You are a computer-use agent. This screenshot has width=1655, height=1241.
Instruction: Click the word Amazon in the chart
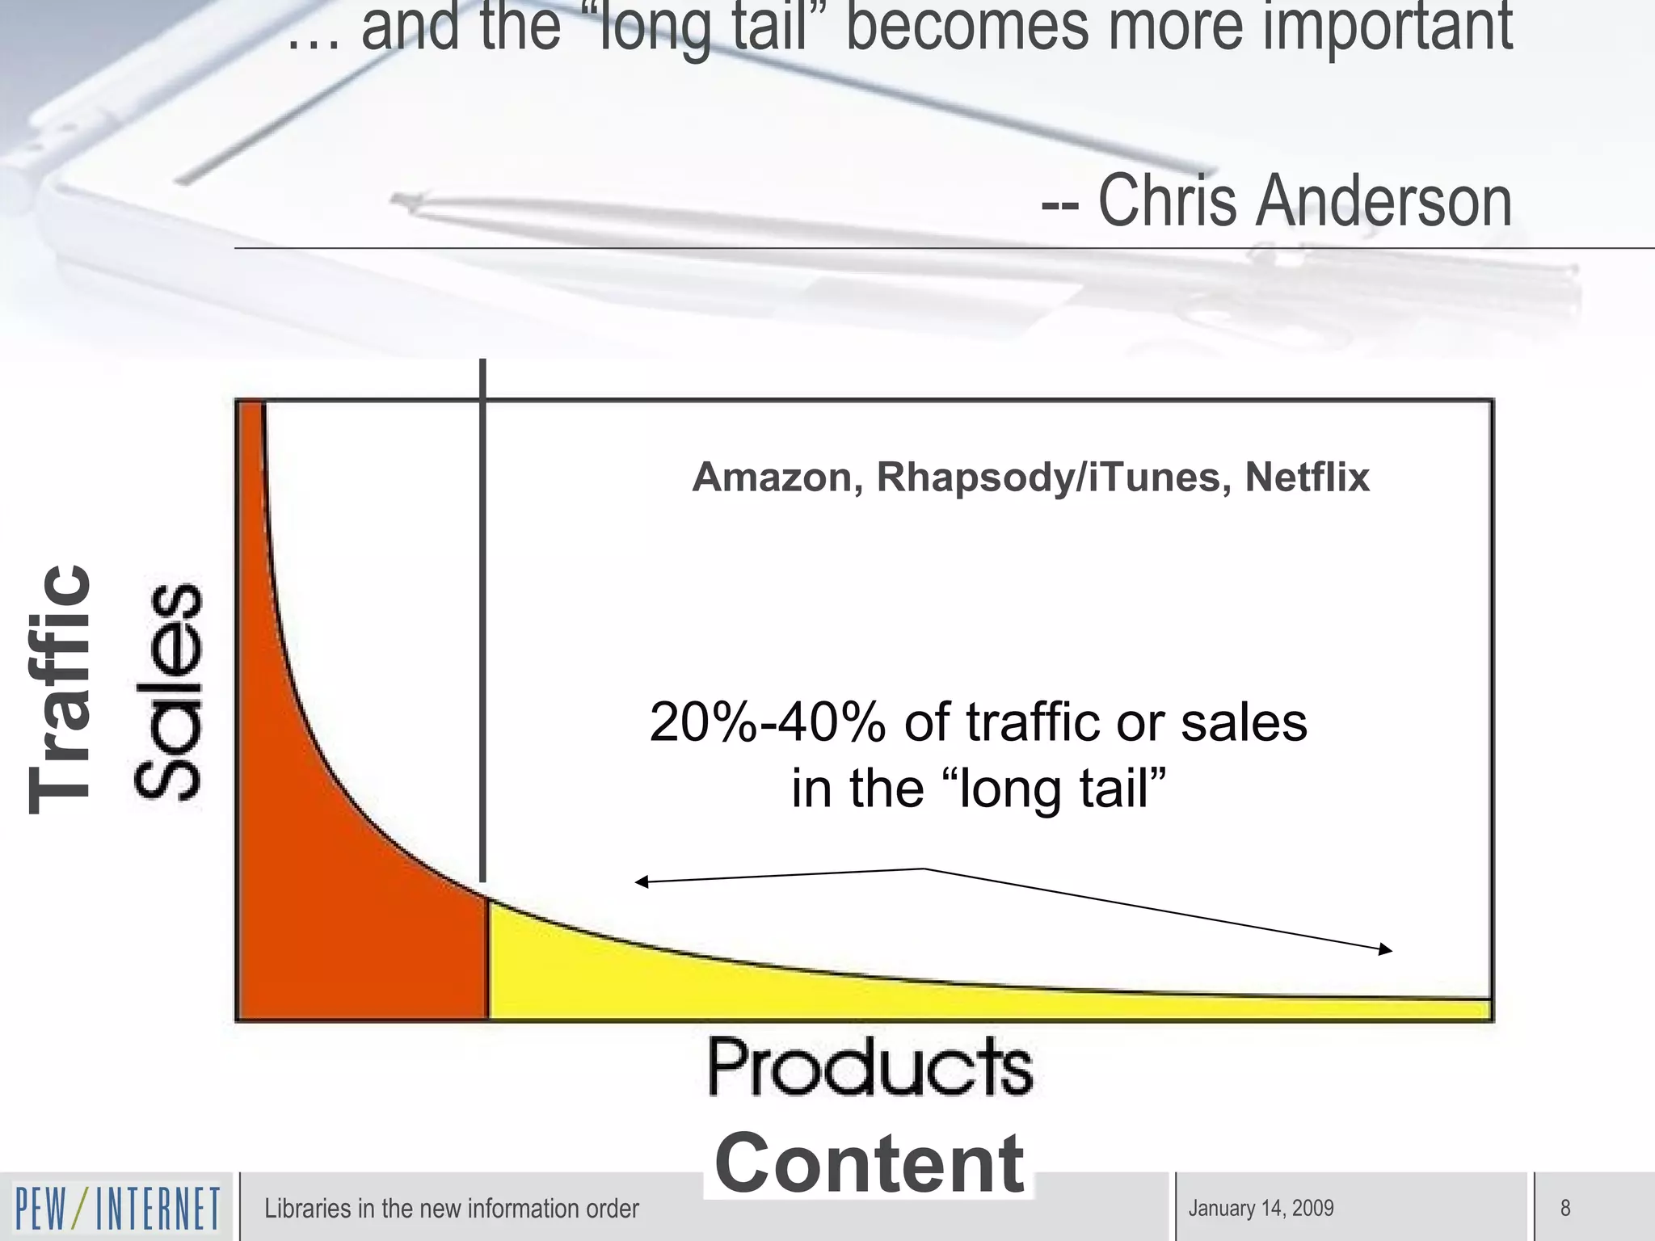click(x=772, y=477)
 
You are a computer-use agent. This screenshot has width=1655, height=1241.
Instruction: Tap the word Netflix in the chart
click(x=1307, y=477)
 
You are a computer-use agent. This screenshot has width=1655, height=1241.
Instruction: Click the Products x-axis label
click(x=870, y=1067)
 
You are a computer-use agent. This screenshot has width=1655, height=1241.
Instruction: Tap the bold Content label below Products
click(x=870, y=1163)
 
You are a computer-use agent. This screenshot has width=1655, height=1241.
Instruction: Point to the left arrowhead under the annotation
click(x=641, y=881)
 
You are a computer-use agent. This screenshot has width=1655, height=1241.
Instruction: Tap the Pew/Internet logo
click(x=118, y=1208)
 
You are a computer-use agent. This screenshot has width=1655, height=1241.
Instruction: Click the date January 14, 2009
click(x=1261, y=1208)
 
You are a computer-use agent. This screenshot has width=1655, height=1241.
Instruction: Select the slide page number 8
click(x=1564, y=1208)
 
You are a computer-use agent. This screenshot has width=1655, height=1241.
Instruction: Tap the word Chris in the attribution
click(x=1165, y=200)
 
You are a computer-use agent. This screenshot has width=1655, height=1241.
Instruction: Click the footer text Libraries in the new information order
click(x=451, y=1208)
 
